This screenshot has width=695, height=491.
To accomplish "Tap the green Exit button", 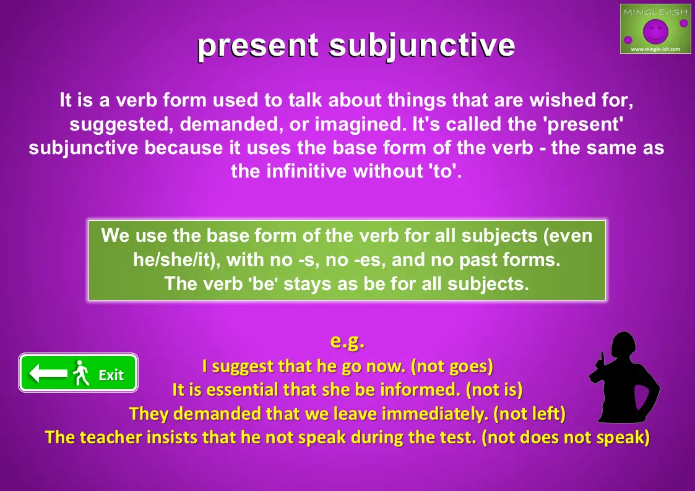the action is pyautogui.click(x=78, y=373).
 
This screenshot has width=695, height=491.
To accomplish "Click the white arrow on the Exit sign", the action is pyautogui.click(x=48, y=373).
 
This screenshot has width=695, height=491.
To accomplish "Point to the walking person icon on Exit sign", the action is pyautogui.click(x=81, y=373).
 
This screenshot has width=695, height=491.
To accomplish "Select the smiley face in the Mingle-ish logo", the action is pyautogui.click(x=655, y=30).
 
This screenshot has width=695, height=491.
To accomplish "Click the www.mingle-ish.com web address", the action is pyautogui.click(x=655, y=49).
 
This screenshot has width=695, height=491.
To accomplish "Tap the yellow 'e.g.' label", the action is pyautogui.click(x=348, y=341).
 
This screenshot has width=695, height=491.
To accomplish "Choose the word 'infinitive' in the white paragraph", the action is pyautogui.click(x=306, y=171).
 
